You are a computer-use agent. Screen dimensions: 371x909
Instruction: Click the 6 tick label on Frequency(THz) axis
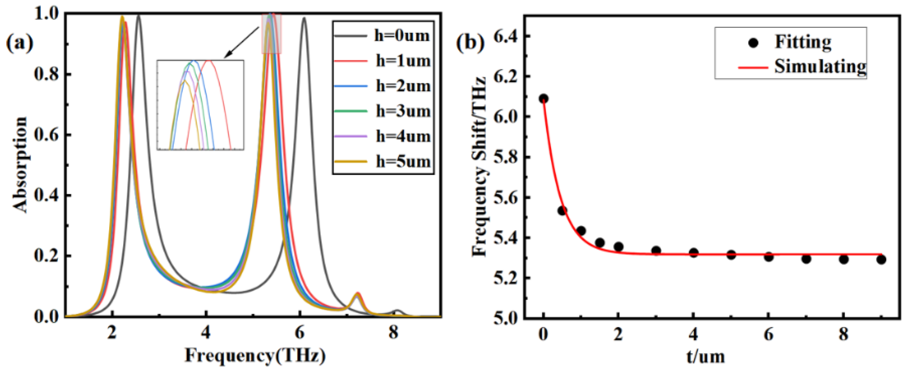pos(300,332)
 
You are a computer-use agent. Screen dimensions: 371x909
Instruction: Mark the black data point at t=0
pos(543,98)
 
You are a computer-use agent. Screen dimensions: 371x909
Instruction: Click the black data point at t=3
pos(656,251)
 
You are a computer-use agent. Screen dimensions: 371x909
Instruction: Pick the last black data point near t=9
pos(881,260)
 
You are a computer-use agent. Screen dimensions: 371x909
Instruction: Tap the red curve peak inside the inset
pos(209,61)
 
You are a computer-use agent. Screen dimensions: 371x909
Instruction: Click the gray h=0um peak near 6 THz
pos(304,18)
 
